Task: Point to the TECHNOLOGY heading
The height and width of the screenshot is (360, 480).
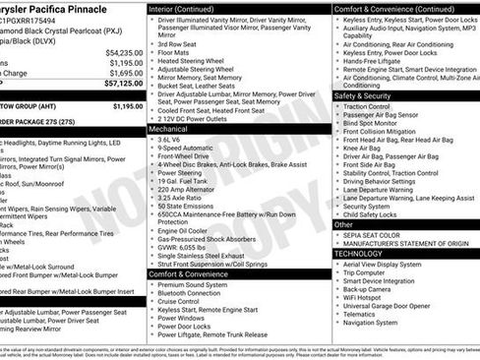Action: pos(358,254)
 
